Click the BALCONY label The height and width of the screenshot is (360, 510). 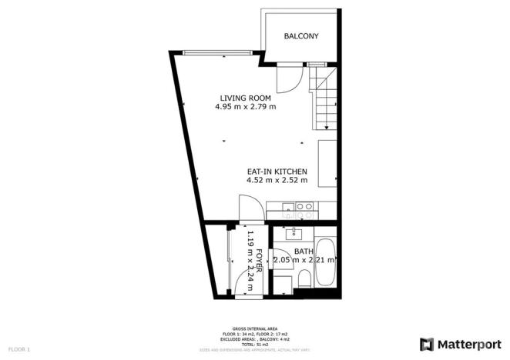click(300, 36)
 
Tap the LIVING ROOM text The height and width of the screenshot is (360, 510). click(245, 98)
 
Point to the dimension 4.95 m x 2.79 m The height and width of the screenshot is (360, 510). click(245, 107)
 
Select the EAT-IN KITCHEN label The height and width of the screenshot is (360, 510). click(277, 171)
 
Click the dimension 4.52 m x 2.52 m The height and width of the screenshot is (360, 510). click(277, 181)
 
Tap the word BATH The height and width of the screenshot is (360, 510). click(304, 252)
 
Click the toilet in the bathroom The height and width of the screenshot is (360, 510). click(304, 278)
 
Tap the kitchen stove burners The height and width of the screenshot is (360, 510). click(304, 206)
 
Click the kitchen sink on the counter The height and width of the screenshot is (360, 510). click(287, 206)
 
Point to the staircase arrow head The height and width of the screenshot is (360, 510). click(327, 128)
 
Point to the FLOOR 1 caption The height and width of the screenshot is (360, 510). click(19, 350)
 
